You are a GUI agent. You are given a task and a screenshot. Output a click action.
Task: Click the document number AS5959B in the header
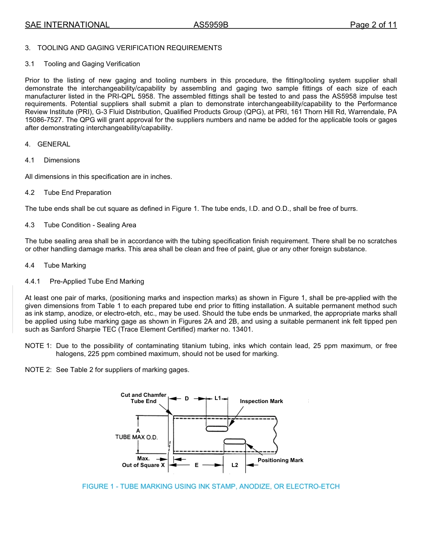211,25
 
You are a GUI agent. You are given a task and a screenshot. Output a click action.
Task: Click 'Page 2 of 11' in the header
373,25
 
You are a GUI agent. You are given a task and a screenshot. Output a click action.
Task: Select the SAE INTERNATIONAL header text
67,25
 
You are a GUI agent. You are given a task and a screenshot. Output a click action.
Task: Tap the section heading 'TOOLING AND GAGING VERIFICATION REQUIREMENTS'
130,48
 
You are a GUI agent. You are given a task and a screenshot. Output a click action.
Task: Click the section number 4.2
30,193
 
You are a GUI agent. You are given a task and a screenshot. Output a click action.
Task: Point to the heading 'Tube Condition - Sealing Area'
90,225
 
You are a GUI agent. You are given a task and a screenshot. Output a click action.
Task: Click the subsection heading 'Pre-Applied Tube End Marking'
97,281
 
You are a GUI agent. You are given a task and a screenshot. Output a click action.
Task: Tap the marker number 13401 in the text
243,329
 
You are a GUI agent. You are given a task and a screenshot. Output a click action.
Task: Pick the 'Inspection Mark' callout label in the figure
261,401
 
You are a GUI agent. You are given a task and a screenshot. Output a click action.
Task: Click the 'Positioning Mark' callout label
280,460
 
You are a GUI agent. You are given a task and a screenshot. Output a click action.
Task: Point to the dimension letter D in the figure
187,399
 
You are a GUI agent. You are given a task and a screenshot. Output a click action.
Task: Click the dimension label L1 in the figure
218,398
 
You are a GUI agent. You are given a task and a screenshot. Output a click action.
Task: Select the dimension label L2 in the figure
235,465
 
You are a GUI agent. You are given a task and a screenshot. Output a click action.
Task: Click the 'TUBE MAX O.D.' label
136,437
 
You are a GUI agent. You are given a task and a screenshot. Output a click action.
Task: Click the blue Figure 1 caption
211,487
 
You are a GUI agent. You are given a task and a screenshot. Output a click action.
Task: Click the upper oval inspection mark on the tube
217,428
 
